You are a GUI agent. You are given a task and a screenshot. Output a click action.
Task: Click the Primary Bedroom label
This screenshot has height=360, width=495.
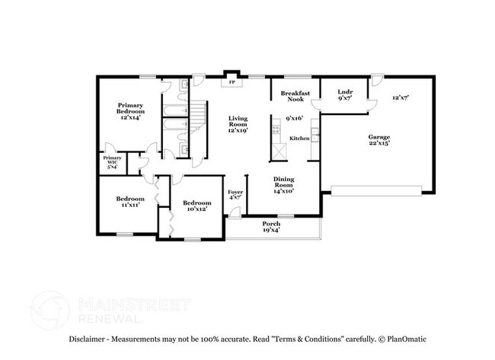130,111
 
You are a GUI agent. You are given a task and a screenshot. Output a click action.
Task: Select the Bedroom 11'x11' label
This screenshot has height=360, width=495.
129,202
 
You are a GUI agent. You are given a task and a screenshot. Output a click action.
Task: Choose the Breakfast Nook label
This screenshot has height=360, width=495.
292,96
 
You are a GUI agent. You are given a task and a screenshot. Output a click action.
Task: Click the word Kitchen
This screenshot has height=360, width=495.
299,139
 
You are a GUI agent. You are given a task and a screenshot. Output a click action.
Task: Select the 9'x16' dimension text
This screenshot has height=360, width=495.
294,119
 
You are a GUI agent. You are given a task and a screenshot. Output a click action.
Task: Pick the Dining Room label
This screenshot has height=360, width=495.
283,186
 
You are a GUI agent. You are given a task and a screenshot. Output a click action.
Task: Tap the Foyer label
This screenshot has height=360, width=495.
235,196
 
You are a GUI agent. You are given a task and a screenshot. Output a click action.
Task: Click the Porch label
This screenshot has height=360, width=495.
271,227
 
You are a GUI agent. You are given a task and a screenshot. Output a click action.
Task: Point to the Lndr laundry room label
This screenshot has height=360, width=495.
344,96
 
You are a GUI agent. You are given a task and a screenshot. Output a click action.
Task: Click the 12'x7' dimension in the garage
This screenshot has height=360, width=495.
401,98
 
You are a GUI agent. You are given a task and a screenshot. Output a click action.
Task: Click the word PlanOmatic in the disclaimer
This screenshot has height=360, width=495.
409,339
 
